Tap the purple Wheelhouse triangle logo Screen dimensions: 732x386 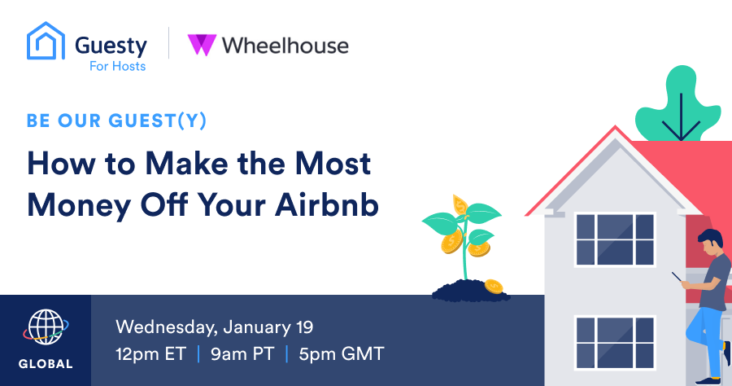(x=202, y=45)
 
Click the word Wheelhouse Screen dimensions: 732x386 (x=285, y=46)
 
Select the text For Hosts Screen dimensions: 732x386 (x=118, y=66)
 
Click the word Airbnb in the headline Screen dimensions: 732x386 (x=327, y=204)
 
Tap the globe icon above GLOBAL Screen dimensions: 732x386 (x=46, y=327)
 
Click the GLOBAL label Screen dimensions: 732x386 (x=46, y=363)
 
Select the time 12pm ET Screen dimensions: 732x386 (x=151, y=353)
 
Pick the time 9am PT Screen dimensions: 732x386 (x=242, y=353)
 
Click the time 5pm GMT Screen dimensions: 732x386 (x=342, y=353)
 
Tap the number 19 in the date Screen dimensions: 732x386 (x=304, y=327)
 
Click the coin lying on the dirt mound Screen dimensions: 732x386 (x=494, y=286)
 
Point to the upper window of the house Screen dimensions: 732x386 (x=615, y=239)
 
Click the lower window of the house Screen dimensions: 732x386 (x=615, y=343)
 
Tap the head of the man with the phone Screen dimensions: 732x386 (x=712, y=242)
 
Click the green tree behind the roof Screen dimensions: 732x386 (x=679, y=105)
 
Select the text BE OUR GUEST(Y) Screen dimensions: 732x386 (x=116, y=121)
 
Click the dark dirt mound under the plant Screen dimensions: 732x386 (x=469, y=291)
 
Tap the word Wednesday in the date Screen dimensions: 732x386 (x=167, y=327)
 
